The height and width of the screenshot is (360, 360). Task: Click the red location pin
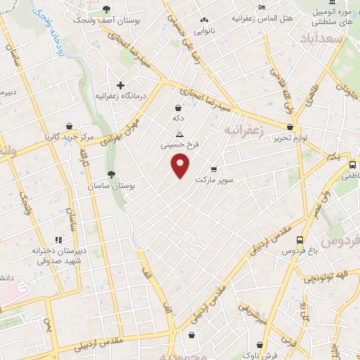click(181, 166)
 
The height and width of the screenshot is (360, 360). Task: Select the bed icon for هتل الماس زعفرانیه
click(262, 7)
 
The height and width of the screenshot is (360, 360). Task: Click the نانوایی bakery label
click(205, 31)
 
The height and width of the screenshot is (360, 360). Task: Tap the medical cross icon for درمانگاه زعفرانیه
click(120, 85)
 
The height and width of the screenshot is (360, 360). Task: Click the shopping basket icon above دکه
click(177, 108)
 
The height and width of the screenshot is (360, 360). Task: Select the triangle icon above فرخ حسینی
click(179, 134)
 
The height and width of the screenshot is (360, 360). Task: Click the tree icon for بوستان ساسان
click(110, 174)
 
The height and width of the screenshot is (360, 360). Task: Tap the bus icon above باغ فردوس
click(300, 239)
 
